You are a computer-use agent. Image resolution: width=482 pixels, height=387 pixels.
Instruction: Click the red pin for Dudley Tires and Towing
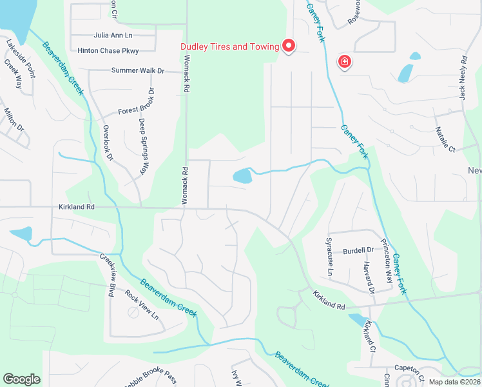pyautogui.click(x=289, y=46)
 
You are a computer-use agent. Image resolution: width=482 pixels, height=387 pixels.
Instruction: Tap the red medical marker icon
pyautogui.click(x=345, y=62)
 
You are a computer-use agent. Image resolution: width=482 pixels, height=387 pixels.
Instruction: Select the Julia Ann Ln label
pyautogui.click(x=113, y=35)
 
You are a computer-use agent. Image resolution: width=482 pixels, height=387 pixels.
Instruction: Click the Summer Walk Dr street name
pyautogui.click(x=138, y=70)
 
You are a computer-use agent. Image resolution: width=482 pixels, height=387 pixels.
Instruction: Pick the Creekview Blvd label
pyautogui.click(x=107, y=275)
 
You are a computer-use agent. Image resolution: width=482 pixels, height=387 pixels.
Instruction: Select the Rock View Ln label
pyautogui.click(x=142, y=306)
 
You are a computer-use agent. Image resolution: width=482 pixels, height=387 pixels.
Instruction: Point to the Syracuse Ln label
pyautogui.click(x=328, y=257)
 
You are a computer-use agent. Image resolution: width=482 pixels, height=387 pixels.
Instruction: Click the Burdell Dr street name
pyautogui.click(x=358, y=250)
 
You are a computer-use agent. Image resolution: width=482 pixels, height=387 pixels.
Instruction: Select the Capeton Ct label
pyautogui.click(x=409, y=369)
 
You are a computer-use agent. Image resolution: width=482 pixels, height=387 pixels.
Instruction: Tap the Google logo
pyautogui.click(x=22, y=379)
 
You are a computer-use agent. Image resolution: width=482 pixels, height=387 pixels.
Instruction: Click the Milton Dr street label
pyautogui.click(x=14, y=120)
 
